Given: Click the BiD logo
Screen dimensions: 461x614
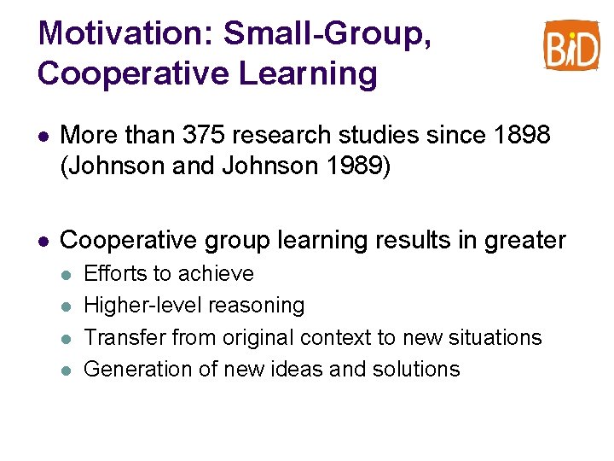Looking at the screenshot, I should click(571, 45).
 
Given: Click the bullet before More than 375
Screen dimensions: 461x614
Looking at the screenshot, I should click(43, 136).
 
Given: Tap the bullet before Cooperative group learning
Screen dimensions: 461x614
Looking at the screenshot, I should click(43, 242).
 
